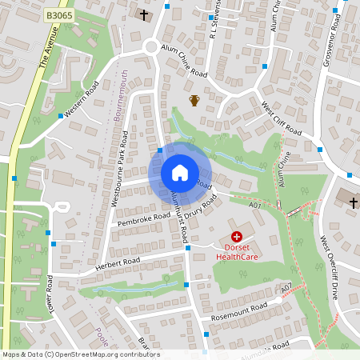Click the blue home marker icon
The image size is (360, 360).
[179, 173]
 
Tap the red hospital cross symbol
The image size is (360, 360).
[237, 237]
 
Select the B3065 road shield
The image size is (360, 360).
[58, 15]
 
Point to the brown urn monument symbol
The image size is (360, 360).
[194, 100]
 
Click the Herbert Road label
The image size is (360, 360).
[118, 262]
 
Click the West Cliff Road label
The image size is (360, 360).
[281, 119]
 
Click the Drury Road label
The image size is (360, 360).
[201, 207]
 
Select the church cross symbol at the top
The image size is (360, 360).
[144, 14]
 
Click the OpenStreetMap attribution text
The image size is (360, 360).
[81, 354]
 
